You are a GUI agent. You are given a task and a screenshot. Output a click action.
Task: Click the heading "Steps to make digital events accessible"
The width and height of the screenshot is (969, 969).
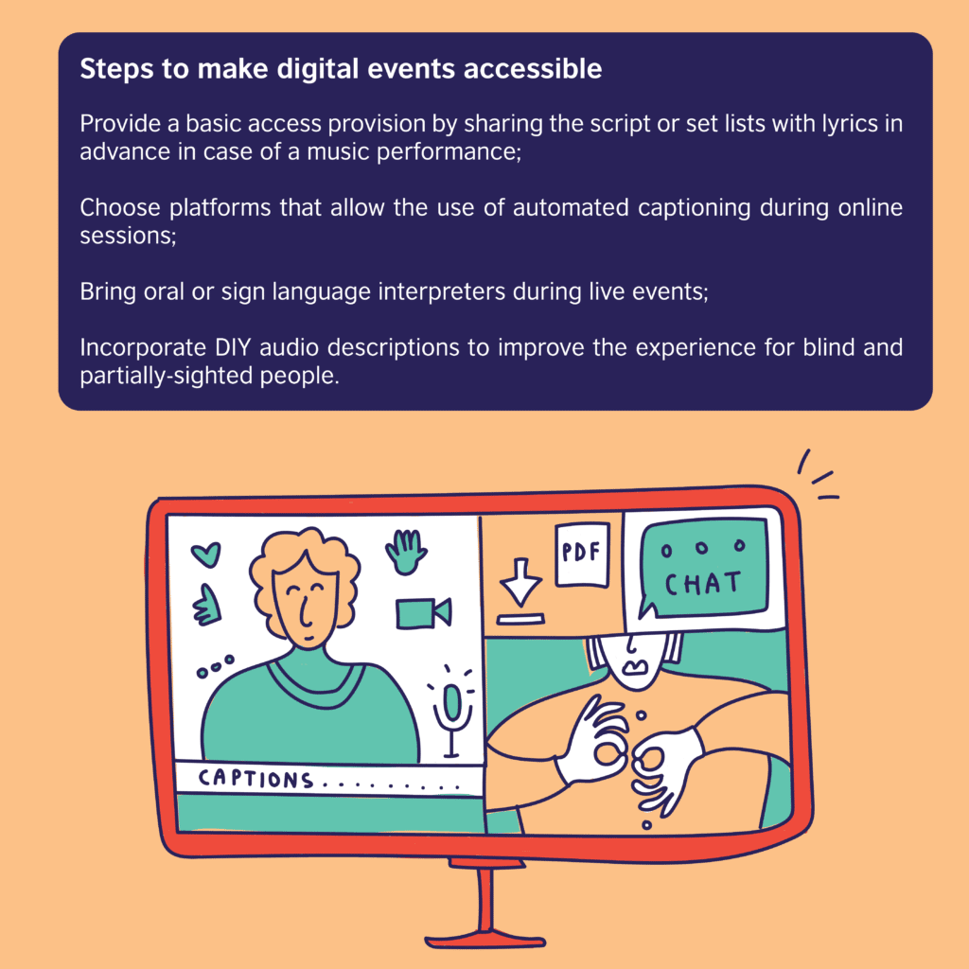tap(341, 71)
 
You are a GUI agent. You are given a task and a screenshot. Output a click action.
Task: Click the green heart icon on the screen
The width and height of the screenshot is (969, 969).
tap(205, 553)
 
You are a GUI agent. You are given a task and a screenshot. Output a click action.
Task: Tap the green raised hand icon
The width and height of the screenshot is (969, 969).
tap(406, 551)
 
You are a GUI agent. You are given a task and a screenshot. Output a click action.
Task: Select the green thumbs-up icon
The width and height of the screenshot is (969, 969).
tap(206, 606)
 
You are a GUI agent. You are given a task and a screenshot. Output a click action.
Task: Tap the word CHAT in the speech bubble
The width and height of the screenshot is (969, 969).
tap(703, 584)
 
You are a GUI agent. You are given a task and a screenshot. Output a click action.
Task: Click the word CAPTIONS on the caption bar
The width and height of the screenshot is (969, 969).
tap(255, 780)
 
